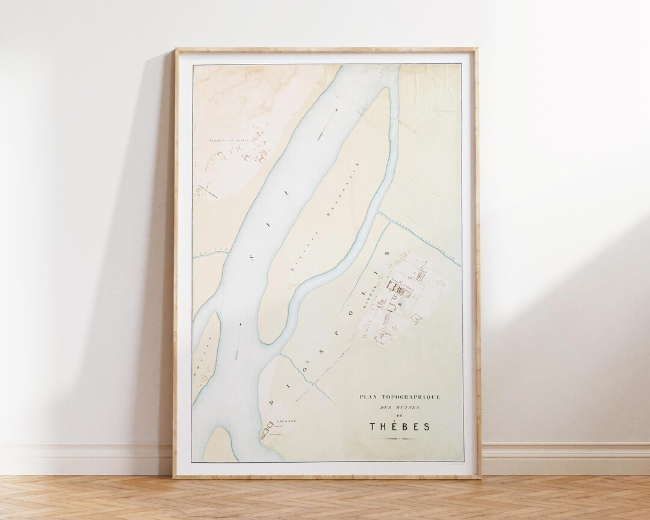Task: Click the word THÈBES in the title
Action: tap(400, 427)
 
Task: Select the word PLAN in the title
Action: tap(367, 397)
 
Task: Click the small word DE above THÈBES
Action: tap(400, 416)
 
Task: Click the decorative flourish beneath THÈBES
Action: tap(400, 439)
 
